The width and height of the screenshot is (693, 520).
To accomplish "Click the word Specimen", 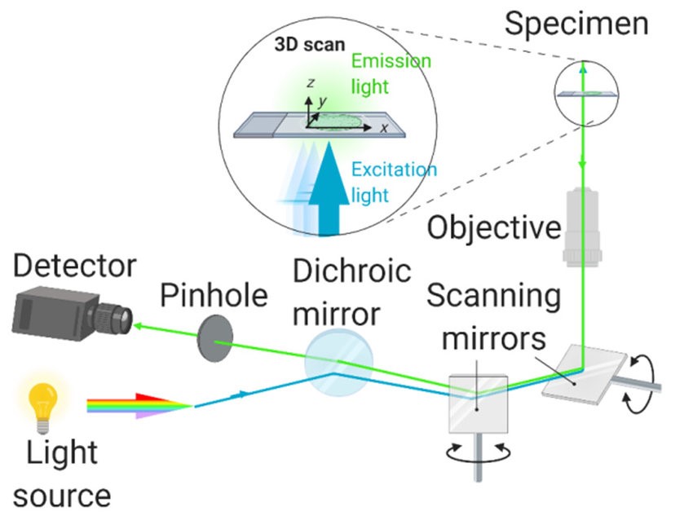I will point(576,24).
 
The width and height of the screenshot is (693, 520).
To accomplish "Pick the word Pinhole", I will point(214,295).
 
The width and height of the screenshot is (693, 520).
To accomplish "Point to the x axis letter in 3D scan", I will point(383,128).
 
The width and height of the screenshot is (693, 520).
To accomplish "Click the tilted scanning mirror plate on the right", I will point(584,371).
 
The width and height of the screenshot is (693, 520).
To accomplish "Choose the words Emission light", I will point(391,73).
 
